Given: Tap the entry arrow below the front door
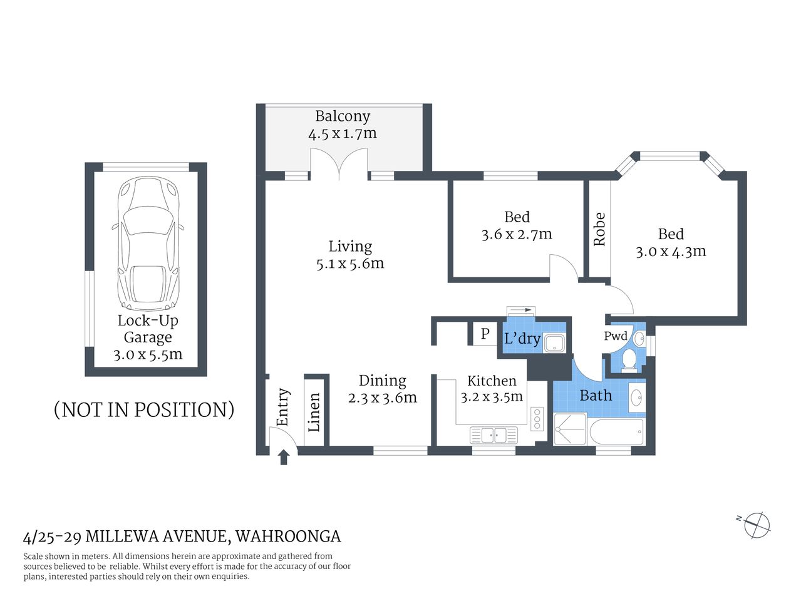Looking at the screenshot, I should [284, 458].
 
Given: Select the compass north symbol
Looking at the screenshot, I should [756, 525].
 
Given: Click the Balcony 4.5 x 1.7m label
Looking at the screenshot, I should [342, 125].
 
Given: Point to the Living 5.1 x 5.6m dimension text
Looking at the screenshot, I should [350, 264].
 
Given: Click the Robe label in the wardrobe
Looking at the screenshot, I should [599, 229].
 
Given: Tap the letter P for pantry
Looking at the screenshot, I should [485, 334].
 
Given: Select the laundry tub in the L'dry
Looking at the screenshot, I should [554, 343].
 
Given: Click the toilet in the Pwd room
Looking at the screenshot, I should [629, 359].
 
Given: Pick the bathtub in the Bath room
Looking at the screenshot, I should [617, 432].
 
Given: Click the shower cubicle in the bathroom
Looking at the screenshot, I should [570, 429].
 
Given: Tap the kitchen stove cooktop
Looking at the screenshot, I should [537, 419].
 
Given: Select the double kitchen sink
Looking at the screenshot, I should [494, 434].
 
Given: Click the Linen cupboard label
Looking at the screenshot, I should [314, 412].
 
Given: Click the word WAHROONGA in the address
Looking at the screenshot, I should [288, 537].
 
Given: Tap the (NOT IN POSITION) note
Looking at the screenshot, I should [144, 409].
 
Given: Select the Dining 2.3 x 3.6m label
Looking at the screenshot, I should [382, 389].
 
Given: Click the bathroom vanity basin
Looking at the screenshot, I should [636, 397].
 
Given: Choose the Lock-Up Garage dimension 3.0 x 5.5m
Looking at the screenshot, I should [148, 354].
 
